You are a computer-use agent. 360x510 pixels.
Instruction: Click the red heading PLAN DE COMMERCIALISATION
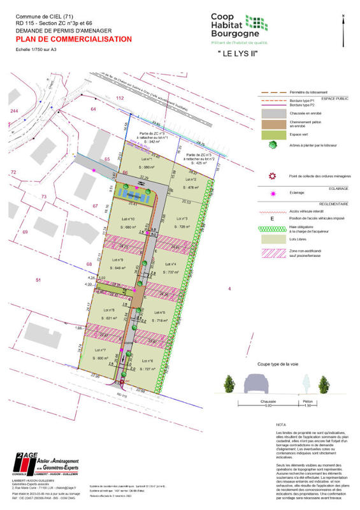[x=74, y=39]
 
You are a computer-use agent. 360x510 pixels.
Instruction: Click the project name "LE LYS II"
[x=238, y=54]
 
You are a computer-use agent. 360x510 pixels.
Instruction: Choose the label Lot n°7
[x=100, y=350]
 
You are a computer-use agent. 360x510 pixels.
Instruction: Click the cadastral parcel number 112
[x=119, y=98]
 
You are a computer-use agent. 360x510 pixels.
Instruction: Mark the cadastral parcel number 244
[x=13, y=111]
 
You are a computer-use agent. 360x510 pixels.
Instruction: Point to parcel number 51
[x=38, y=280]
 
